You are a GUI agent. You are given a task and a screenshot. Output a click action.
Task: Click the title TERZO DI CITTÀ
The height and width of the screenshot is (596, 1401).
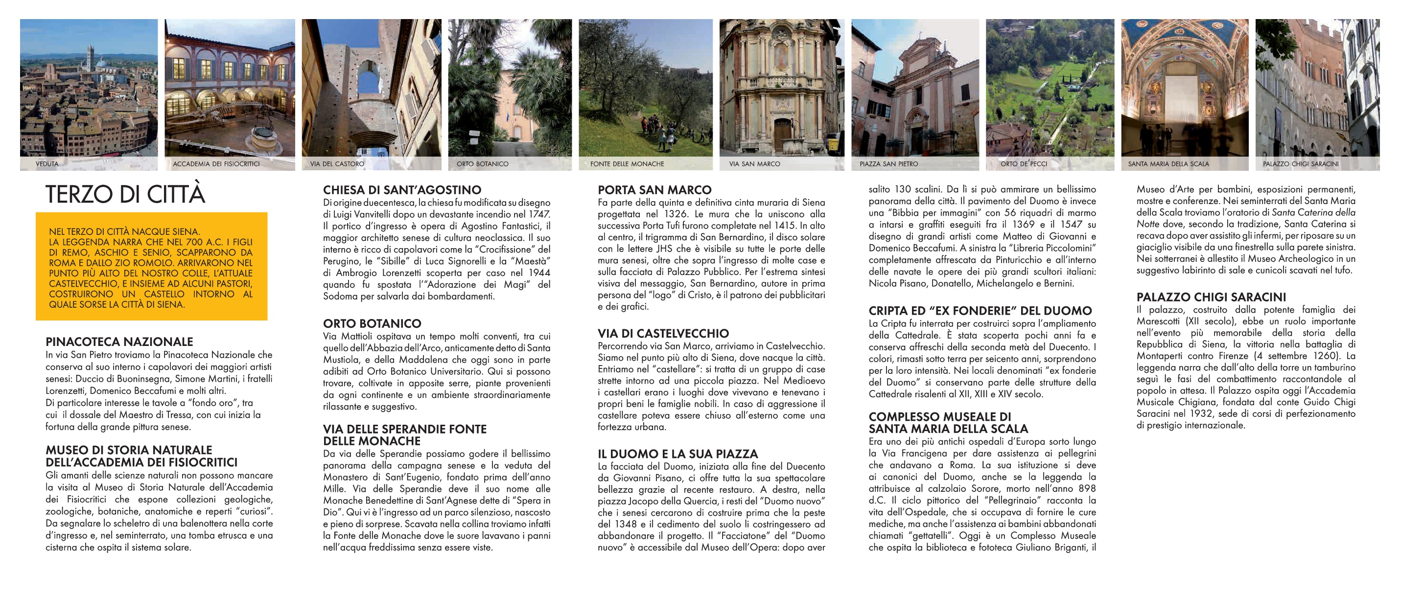click(125, 195)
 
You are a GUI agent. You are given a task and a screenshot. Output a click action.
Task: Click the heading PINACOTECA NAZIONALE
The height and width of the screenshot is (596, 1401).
click(119, 342)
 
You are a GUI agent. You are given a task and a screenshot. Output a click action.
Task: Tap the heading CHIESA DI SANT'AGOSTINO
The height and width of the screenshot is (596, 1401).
click(402, 190)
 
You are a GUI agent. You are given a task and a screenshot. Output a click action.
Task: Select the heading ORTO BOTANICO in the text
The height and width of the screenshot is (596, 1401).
click(372, 323)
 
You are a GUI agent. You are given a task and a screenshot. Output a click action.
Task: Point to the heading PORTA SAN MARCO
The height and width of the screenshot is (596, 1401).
click(654, 190)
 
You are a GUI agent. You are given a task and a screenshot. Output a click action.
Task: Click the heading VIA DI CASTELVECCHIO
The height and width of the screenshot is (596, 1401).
click(663, 333)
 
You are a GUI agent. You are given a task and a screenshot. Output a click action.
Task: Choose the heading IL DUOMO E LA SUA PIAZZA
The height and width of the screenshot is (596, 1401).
click(677, 454)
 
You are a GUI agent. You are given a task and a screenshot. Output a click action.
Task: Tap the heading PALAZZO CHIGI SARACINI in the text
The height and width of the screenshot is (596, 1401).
click(1211, 297)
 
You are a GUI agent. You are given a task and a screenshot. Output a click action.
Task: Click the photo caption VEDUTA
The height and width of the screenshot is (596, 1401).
click(47, 164)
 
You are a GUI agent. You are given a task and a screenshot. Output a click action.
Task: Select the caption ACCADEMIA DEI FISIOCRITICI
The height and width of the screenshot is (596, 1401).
click(216, 164)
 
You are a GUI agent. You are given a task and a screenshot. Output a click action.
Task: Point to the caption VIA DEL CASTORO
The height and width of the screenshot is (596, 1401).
click(337, 164)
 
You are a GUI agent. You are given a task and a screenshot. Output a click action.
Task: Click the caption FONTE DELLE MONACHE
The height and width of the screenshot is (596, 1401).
click(627, 164)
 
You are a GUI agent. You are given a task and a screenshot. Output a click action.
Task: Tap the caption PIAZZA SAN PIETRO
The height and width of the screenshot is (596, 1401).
click(888, 164)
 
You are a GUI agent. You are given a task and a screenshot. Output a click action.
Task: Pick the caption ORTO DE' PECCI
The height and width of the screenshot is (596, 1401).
click(1024, 164)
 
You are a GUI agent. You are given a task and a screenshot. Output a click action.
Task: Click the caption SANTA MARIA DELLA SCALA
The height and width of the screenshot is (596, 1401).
click(1168, 164)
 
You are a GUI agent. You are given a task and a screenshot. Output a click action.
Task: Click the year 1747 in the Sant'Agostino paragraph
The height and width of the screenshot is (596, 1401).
click(538, 214)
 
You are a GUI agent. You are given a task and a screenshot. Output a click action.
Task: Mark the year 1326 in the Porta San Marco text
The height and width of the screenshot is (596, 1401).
click(676, 214)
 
